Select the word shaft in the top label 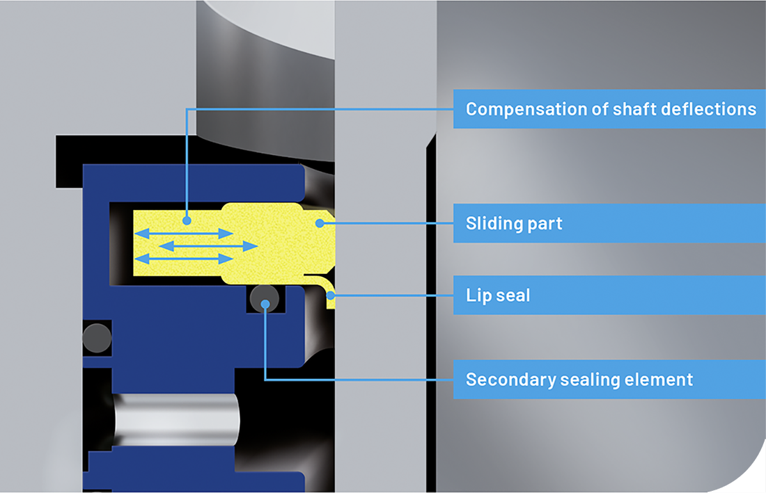(x=632, y=109)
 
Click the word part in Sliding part (x=545, y=224)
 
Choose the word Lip (x=478, y=296)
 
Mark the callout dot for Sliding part (x=319, y=223)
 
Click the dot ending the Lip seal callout (x=331, y=295)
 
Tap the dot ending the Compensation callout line (x=187, y=220)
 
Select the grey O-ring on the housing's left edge (x=96, y=338)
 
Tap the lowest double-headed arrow (x=183, y=259)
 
